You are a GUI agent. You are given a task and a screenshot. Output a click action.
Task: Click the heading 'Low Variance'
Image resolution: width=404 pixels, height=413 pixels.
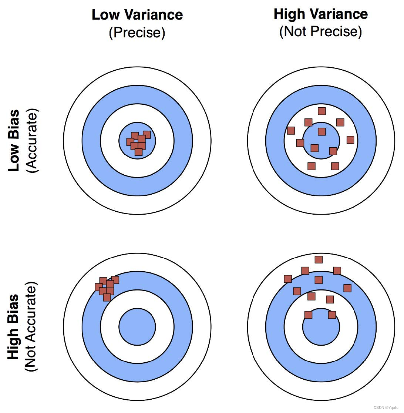(x=137, y=15)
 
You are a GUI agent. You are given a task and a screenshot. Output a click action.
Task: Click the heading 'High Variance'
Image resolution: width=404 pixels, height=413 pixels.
(x=320, y=14)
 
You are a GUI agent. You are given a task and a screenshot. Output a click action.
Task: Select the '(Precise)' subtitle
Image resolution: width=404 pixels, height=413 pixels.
(x=137, y=33)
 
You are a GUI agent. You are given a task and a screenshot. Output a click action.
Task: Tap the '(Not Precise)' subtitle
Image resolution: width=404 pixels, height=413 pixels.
(x=320, y=31)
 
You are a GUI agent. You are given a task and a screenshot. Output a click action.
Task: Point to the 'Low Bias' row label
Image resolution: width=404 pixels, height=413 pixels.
(x=14, y=141)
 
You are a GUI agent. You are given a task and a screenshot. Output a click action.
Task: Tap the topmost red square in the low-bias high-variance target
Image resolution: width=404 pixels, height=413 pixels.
(x=321, y=111)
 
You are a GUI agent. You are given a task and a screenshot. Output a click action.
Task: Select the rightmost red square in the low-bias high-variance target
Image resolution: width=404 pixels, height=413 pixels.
(x=350, y=140)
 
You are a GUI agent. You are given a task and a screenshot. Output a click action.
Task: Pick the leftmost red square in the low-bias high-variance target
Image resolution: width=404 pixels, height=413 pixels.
(x=291, y=130)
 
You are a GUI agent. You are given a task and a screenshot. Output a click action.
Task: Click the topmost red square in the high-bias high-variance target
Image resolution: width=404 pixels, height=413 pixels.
(x=318, y=259)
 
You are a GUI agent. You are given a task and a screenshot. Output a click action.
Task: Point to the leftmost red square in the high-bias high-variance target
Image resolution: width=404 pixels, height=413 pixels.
(x=288, y=279)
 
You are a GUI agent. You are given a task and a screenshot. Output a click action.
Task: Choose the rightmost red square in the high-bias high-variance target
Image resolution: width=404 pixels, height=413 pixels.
(x=347, y=288)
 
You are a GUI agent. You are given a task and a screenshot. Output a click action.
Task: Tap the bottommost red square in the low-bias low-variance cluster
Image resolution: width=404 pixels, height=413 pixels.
(x=138, y=152)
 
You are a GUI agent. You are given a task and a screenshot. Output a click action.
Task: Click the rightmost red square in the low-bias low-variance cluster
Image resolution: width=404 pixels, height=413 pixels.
(x=147, y=134)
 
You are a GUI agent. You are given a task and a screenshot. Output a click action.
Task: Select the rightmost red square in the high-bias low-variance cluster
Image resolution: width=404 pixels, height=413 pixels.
(x=115, y=280)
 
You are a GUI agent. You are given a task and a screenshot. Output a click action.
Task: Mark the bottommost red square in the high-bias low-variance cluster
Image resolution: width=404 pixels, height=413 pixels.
(x=107, y=297)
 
